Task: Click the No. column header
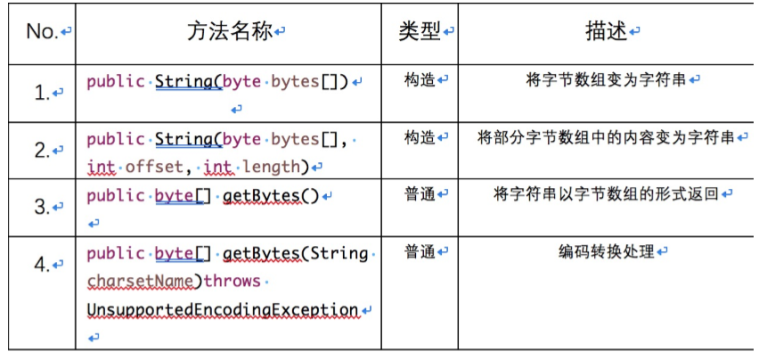point(41,32)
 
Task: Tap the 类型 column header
point(419,32)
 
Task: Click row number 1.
point(41,92)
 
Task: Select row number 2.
point(41,151)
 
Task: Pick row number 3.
point(41,207)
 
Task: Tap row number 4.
point(41,264)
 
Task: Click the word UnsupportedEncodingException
point(222,309)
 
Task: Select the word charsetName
point(143,282)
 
